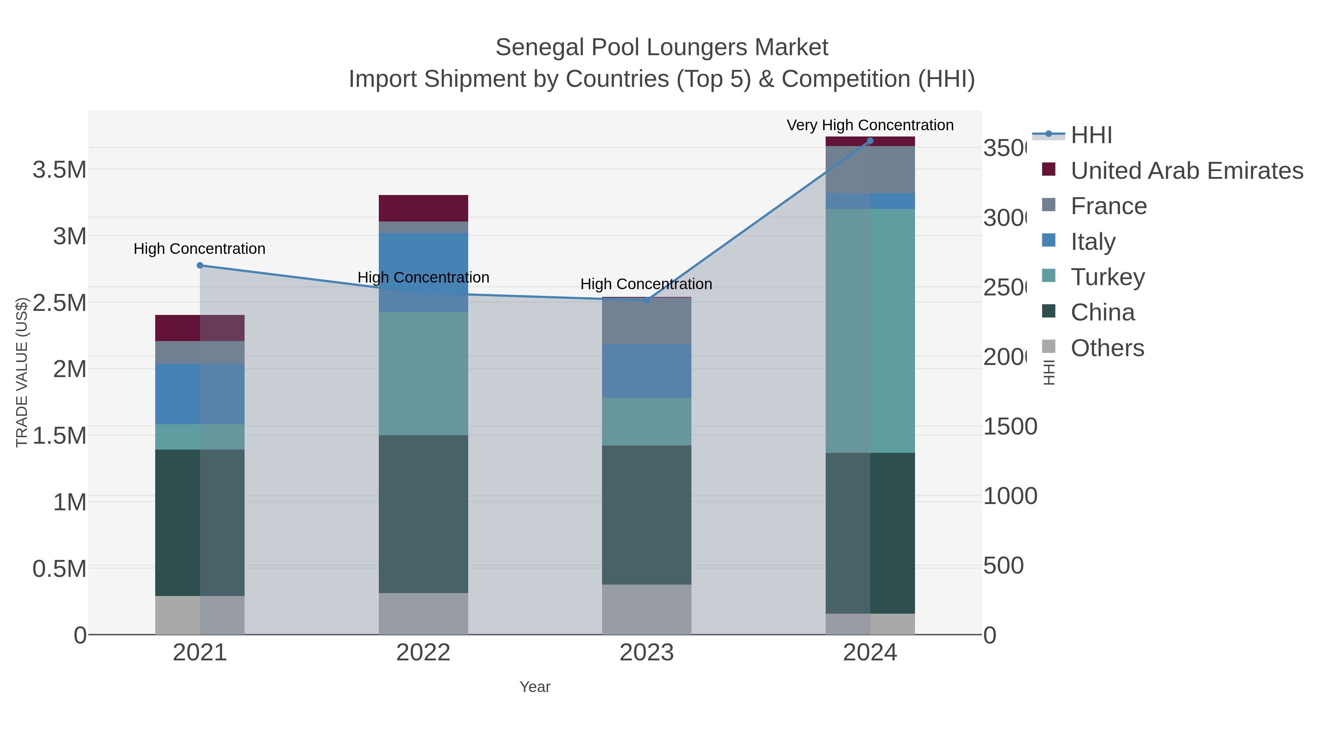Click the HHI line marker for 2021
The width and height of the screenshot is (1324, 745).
[x=200, y=265]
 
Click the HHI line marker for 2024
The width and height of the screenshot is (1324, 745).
[x=870, y=141]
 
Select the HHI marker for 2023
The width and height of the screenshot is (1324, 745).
[x=647, y=300]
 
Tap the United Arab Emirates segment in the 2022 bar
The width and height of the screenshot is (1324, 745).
[x=423, y=208]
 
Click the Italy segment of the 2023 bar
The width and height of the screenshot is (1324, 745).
[x=646, y=371]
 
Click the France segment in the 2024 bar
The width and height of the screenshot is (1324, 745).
[x=870, y=169]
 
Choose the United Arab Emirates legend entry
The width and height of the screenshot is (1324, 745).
[x=1186, y=170]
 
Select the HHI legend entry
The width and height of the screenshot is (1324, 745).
[x=1091, y=135]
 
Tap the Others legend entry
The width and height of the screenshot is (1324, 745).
[x=1107, y=348]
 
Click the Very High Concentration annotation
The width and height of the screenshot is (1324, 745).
[x=870, y=125]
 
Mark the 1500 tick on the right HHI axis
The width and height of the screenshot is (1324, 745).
[x=1010, y=426]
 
